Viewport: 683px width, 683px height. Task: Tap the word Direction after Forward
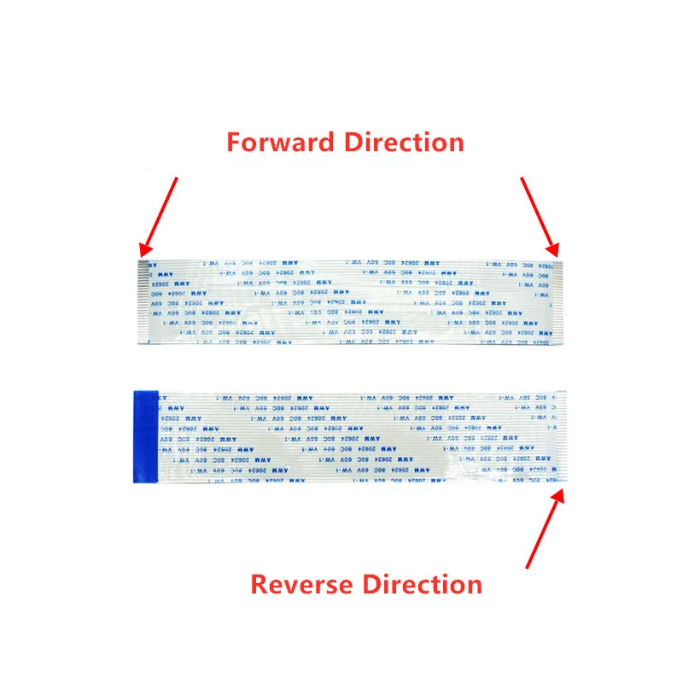403,142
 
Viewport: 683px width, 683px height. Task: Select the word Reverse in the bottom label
301,585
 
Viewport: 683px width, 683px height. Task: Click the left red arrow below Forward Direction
160,216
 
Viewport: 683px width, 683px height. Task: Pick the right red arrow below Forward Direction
539,216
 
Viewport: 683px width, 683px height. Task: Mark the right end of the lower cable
559,437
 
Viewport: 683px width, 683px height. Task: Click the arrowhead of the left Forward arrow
144,250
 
